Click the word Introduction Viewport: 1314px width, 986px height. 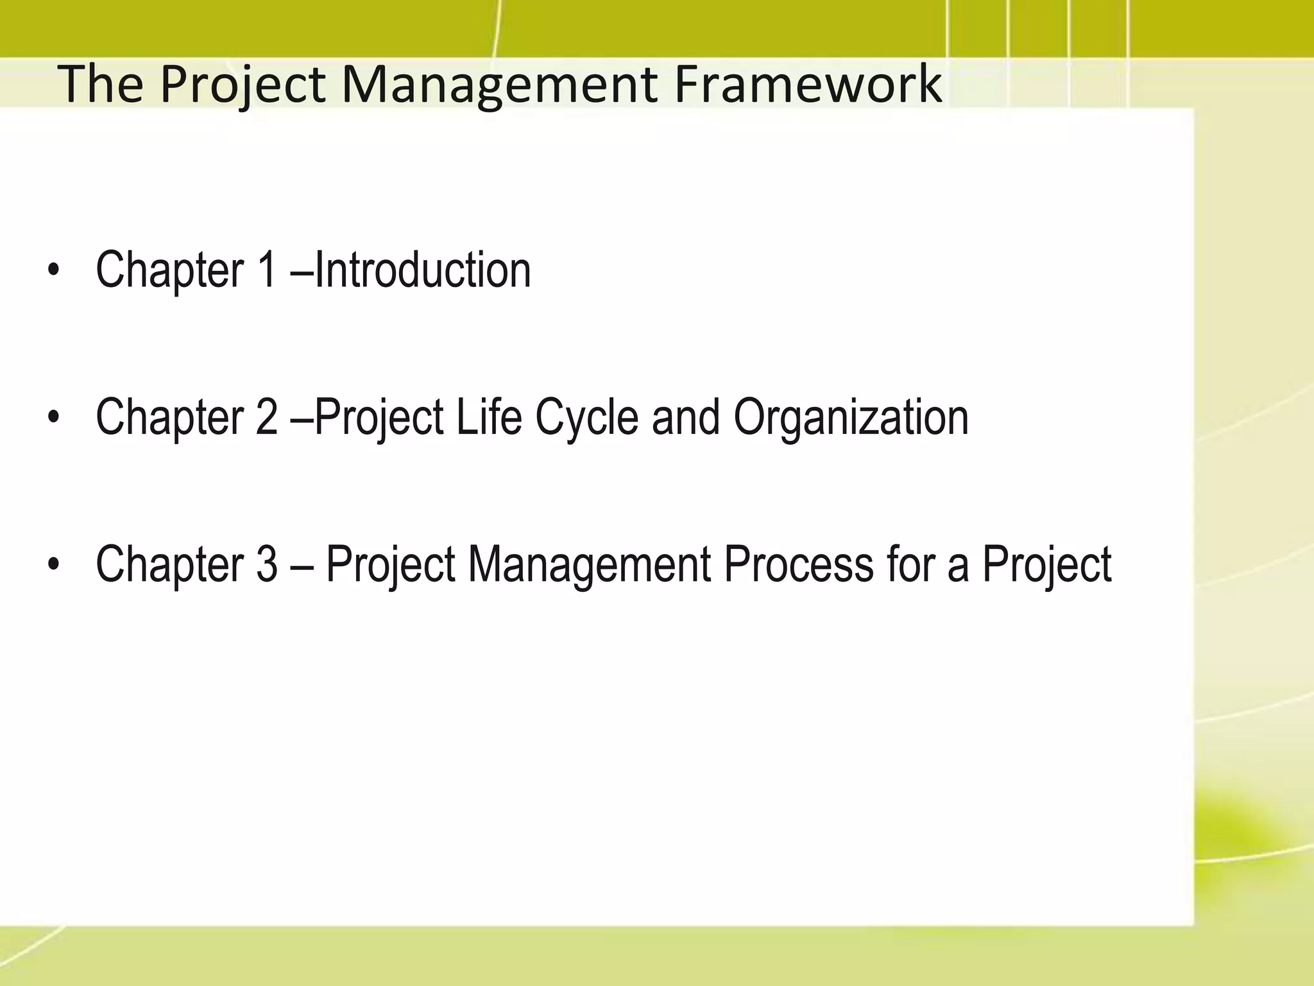[x=423, y=270]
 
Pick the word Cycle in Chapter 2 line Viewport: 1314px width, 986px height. [x=586, y=417]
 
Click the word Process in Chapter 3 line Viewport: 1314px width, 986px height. [x=799, y=564]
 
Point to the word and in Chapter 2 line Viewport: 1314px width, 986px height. [x=685, y=417]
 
